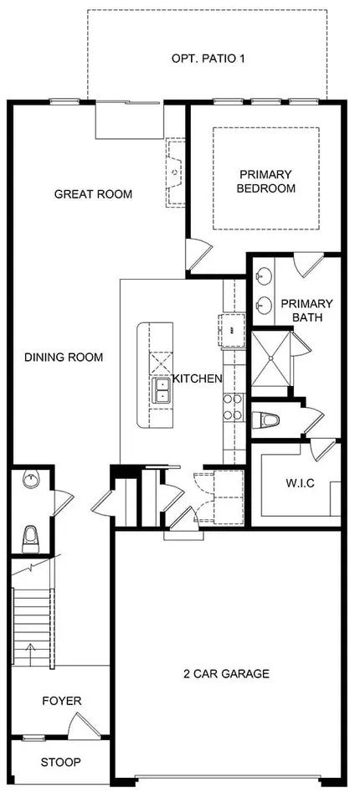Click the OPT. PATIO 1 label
point(208,59)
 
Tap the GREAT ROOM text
point(93,194)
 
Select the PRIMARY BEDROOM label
point(266,182)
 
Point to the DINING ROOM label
point(64,358)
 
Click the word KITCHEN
point(198,378)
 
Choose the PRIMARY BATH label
point(307,311)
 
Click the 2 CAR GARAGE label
point(226,673)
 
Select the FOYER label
point(62,701)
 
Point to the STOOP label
point(60,762)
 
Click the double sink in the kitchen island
point(161,390)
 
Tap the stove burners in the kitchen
point(234,407)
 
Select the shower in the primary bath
point(271,358)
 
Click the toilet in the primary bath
point(265,420)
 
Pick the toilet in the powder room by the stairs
point(31,538)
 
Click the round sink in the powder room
point(31,479)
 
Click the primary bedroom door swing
point(198,254)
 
